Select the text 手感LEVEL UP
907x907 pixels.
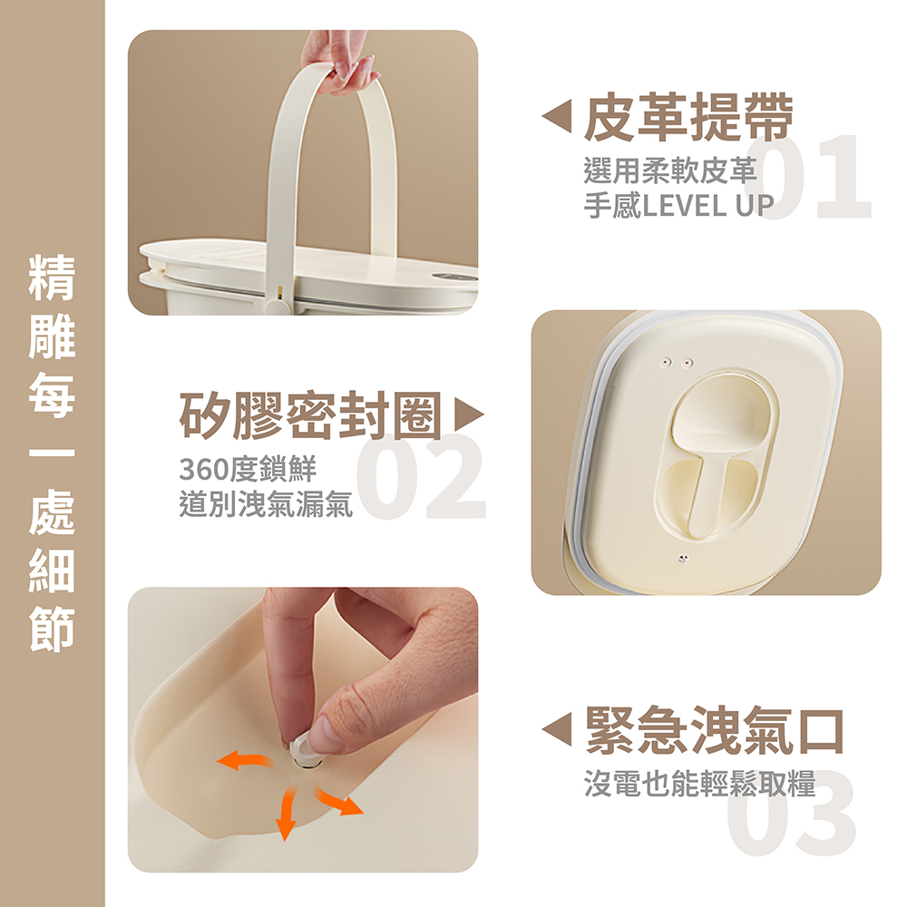(x=678, y=205)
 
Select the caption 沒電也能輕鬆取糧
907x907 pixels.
(x=699, y=782)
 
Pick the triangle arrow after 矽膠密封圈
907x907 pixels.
(x=469, y=415)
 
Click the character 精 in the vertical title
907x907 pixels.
(x=52, y=278)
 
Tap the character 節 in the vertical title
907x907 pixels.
(x=52, y=629)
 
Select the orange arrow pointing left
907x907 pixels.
(x=242, y=760)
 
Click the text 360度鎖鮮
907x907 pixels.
(x=247, y=470)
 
